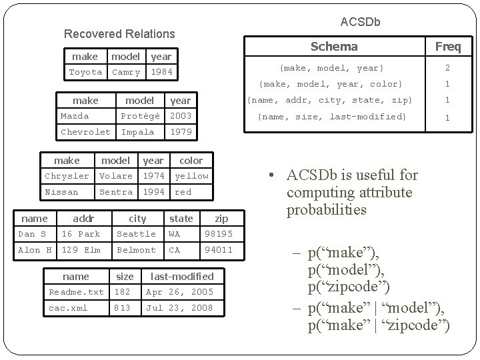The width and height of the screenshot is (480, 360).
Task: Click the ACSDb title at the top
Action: point(360,22)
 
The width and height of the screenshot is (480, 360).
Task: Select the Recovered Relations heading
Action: point(119,33)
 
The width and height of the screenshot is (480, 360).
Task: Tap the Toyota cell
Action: point(86,72)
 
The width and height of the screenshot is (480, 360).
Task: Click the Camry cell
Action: point(126,72)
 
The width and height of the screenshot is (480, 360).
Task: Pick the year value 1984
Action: point(161,72)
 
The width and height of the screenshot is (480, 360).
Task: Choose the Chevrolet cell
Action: point(85,132)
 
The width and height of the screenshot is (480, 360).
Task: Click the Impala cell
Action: point(138,132)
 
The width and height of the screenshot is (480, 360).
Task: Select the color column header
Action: point(191,161)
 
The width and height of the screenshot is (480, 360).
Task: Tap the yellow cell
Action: point(191,176)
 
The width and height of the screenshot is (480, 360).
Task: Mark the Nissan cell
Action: point(61,192)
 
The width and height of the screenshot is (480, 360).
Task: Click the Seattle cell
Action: point(136,234)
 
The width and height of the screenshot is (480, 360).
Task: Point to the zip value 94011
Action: point(219,250)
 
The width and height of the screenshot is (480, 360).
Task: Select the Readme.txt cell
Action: point(77,292)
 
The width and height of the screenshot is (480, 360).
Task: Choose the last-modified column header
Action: point(182,276)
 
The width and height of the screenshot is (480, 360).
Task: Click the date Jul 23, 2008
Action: point(179,308)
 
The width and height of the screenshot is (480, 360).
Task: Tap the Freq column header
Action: point(453,47)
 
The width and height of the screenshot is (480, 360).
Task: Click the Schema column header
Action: point(334,47)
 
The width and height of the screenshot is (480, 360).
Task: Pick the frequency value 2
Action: point(447,68)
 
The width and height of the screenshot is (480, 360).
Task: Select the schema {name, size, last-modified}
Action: point(332,117)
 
